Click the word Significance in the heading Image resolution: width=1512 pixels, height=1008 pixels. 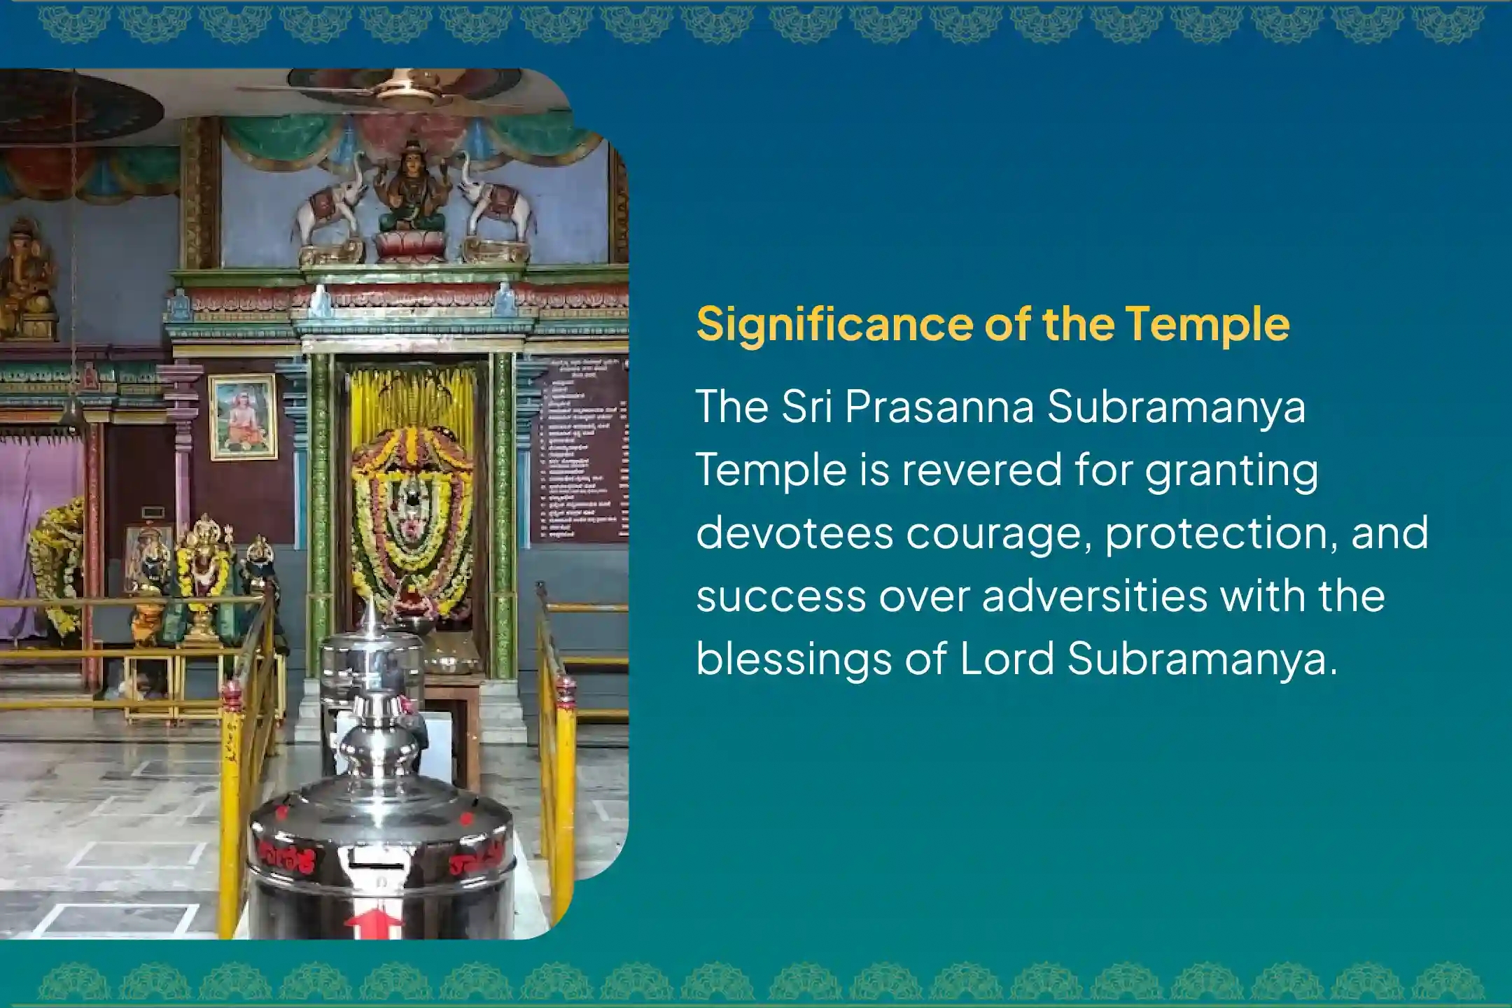833,324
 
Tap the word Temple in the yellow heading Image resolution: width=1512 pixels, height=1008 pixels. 1207,324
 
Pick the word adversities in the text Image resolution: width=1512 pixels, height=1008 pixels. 1095,596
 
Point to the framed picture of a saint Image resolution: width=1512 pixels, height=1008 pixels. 244,417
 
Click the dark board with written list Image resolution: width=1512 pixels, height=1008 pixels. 581,451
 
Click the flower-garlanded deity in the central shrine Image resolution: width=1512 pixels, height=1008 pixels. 412,518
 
